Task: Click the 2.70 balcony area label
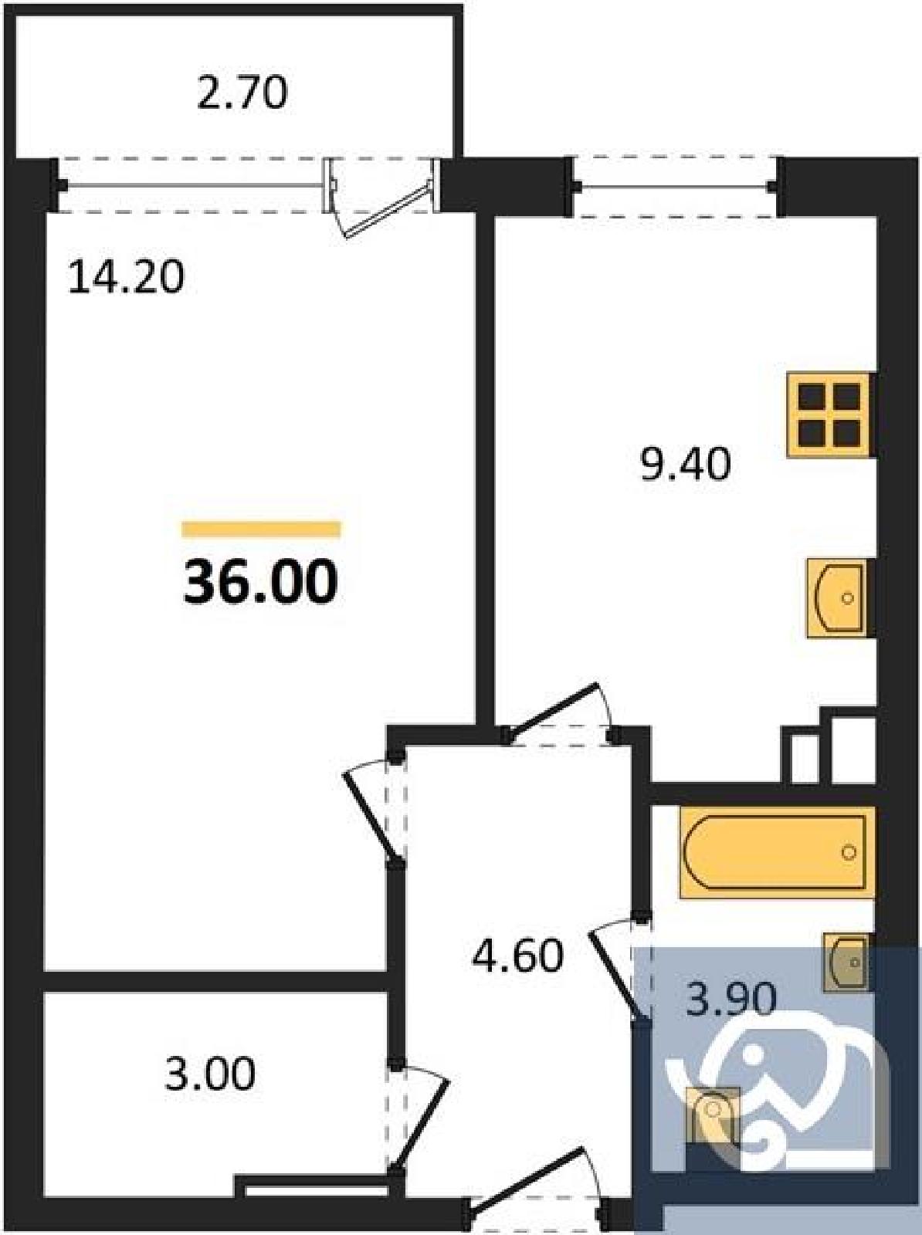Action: tap(242, 93)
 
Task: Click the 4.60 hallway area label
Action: tap(517, 956)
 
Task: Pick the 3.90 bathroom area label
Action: tap(730, 1000)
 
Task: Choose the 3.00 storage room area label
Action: tap(209, 1073)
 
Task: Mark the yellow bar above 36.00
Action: tap(261, 530)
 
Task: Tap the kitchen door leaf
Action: tap(551, 709)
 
